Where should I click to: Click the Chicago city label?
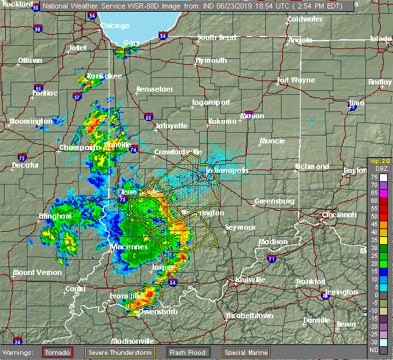(x=114, y=27)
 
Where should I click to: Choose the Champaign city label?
(x=77, y=148)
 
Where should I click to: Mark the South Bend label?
(x=216, y=37)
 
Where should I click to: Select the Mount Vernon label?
(x=32, y=272)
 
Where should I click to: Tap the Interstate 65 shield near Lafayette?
(x=149, y=118)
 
